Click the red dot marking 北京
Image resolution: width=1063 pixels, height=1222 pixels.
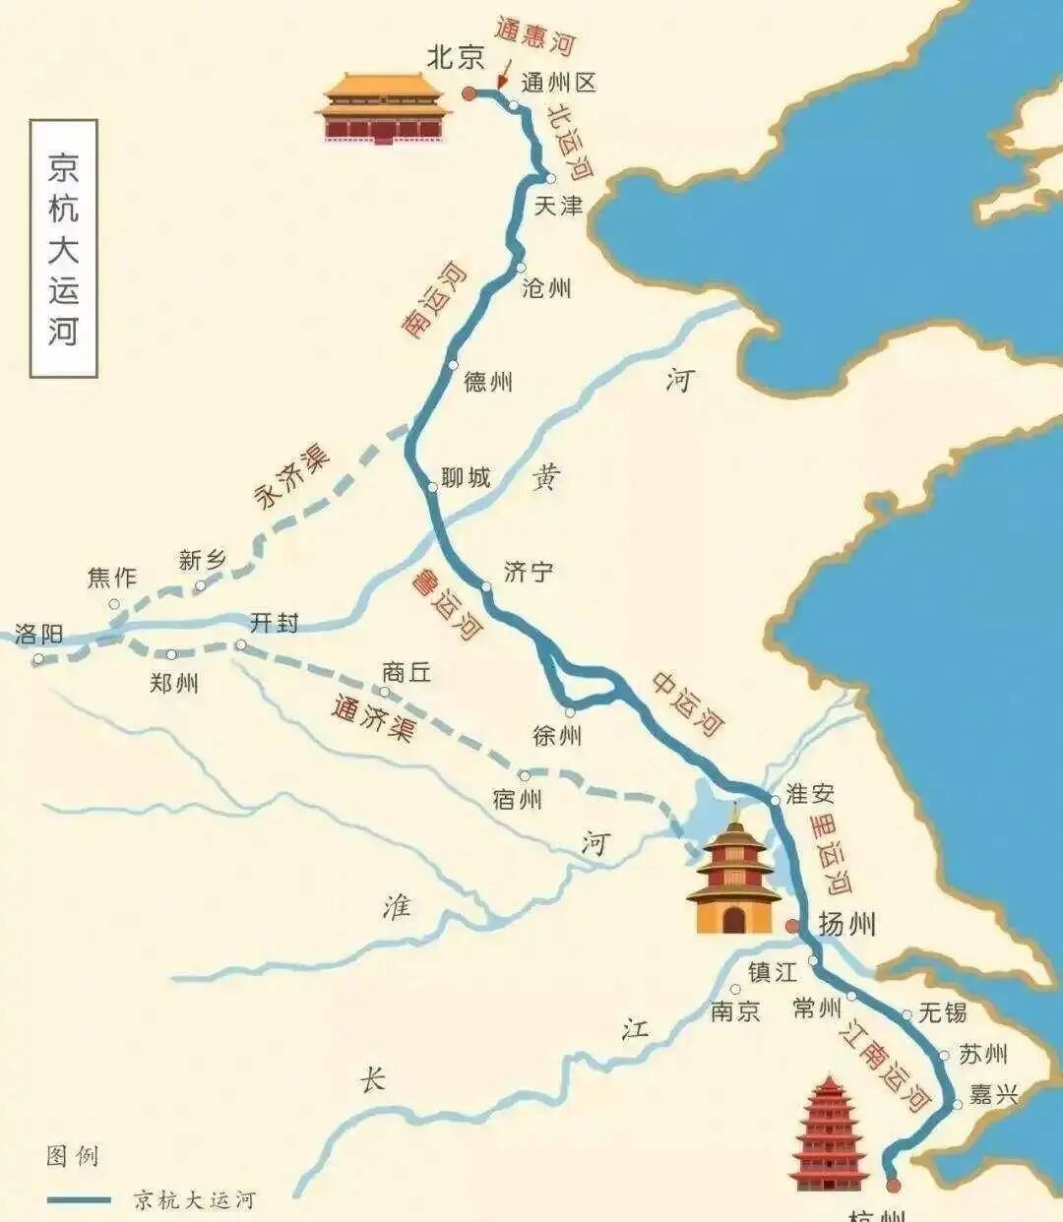pos(469,93)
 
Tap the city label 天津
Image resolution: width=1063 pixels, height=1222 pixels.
pos(558,206)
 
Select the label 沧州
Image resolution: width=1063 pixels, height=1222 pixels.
pos(546,288)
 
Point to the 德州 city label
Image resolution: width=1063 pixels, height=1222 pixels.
pos(488,382)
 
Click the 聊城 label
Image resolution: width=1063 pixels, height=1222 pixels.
pos(466,478)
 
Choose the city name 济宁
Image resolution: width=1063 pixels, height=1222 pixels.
pos(529,572)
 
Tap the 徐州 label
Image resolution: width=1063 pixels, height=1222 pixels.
pos(557,735)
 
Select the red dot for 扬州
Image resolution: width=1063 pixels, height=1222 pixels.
pos(792,926)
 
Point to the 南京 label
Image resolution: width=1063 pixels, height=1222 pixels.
pos(736,1010)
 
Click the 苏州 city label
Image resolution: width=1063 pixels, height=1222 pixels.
pos(983,1055)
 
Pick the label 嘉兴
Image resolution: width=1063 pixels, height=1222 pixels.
pos(992,1093)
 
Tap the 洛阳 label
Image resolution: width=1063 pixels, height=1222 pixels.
pos(39,635)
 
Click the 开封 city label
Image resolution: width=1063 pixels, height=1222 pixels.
pos(274,623)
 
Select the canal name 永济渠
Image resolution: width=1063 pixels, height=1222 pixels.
pos(292,477)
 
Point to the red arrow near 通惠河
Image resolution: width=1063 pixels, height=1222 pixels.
pos(504,75)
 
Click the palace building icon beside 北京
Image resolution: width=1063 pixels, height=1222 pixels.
pos(383,108)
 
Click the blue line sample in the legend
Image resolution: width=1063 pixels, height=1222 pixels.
pos(79,1199)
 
